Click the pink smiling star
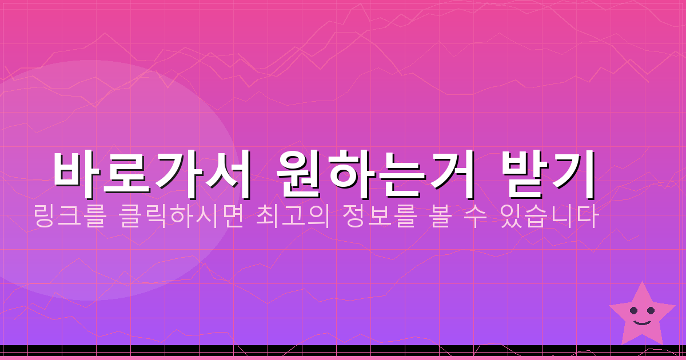[642, 316]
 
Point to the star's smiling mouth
[642, 322]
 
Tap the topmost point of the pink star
[643, 282]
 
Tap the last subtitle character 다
[588, 218]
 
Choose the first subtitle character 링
[43, 218]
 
